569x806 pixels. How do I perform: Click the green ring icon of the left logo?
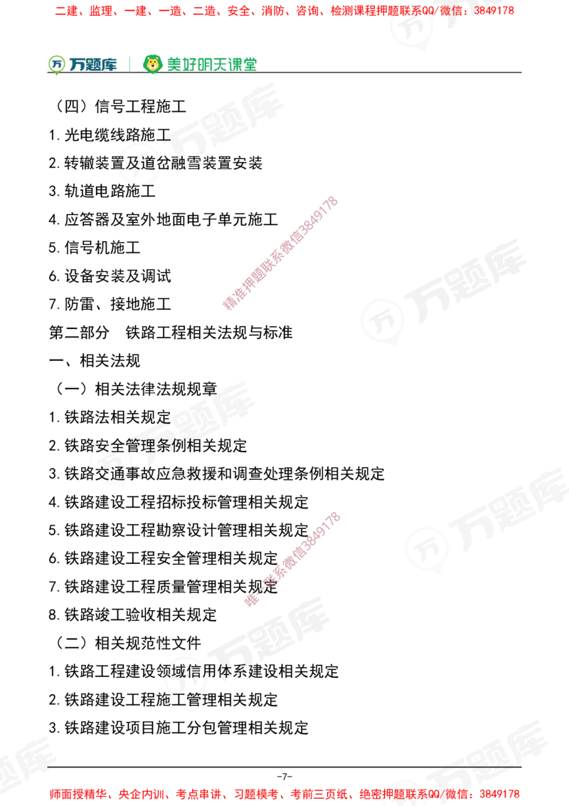tap(55, 64)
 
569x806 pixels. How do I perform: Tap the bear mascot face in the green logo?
tap(152, 64)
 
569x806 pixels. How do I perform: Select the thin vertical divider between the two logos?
tap(129, 63)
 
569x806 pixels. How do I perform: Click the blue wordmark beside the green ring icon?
tap(93, 65)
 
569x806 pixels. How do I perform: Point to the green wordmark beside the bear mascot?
tap(211, 64)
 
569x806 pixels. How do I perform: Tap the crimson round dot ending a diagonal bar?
tap(251, 600)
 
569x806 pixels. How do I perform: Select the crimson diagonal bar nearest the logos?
tap(280, 253)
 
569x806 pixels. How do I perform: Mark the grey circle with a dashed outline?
tap(110, 461)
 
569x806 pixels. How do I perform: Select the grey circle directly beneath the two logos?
tap(139, 165)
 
